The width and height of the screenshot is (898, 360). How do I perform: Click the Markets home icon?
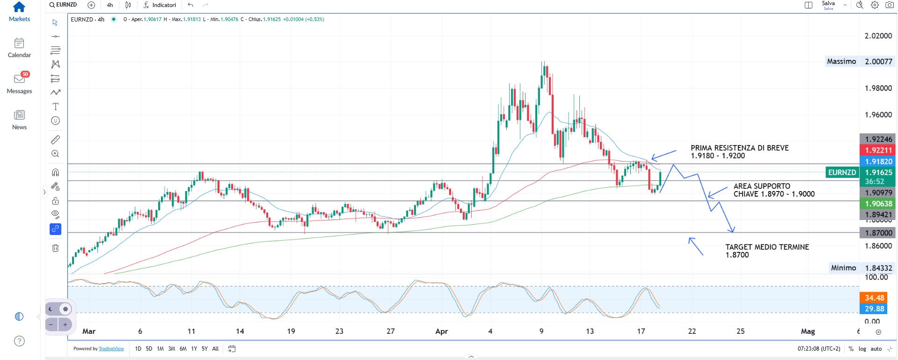pos(19,7)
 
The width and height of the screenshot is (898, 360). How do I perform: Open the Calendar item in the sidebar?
pos(19,44)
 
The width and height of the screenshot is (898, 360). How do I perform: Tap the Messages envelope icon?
pos(19,79)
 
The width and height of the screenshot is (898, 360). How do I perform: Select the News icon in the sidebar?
pos(19,115)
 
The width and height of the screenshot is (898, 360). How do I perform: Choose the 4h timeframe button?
pos(110,5)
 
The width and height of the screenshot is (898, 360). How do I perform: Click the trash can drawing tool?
pos(55,248)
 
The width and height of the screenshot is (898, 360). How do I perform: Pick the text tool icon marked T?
pos(55,107)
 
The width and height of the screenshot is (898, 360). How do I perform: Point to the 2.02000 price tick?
pos(878,36)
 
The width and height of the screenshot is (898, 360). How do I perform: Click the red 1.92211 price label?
pos(878,150)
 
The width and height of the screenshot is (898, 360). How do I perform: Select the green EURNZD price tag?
pos(842,173)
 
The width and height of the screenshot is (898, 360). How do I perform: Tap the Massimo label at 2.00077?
pos(841,61)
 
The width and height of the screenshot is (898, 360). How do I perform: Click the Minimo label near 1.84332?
pos(843,268)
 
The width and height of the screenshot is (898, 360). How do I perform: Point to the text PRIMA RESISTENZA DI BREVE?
pos(739,148)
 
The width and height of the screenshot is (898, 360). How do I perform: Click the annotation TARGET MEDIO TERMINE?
pos(767,247)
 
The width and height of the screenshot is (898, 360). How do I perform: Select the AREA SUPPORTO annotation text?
pos(762,186)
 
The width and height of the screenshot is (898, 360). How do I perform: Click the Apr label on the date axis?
pos(441,331)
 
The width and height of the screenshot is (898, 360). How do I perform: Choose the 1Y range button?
pos(194,349)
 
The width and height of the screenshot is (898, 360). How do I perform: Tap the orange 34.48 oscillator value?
pos(874,298)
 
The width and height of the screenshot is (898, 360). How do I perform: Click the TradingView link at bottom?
pos(111,349)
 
